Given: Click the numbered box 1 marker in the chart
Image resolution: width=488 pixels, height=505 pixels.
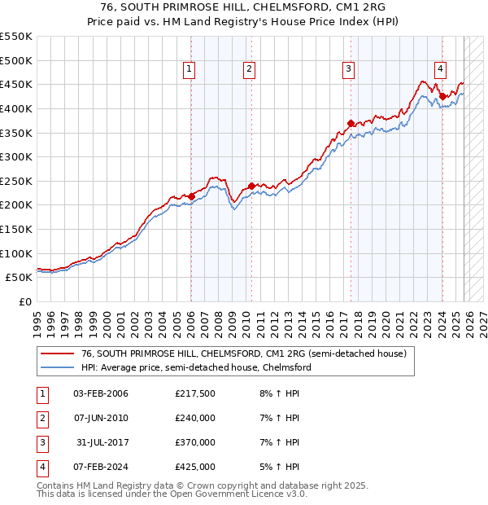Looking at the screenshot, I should pyautogui.click(x=189, y=70).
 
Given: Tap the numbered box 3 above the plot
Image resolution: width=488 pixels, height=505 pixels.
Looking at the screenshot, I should pyautogui.click(x=348, y=70).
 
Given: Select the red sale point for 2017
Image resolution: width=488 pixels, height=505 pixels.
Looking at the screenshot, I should pyautogui.click(x=351, y=123).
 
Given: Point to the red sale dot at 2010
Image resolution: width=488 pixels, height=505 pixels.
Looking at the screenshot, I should pyautogui.click(x=251, y=186).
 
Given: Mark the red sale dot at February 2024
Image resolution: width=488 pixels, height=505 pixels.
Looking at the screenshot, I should pyautogui.click(x=442, y=96).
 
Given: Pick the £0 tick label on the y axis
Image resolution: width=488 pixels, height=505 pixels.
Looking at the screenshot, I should pyautogui.click(x=24, y=301).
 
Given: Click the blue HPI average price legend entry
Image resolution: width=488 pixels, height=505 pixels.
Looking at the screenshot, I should pyautogui.click(x=196, y=367).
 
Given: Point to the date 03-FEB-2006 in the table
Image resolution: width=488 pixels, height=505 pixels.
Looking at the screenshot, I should pyautogui.click(x=101, y=394).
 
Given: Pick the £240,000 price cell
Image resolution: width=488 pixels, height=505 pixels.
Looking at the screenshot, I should pyautogui.click(x=195, y=418).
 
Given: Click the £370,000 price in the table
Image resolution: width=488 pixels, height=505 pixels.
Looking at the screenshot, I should pyautogui.click(x=195, y=442).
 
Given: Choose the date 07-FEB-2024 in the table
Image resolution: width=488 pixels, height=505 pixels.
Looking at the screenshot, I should pyautogui.click(x=101, y=467).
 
